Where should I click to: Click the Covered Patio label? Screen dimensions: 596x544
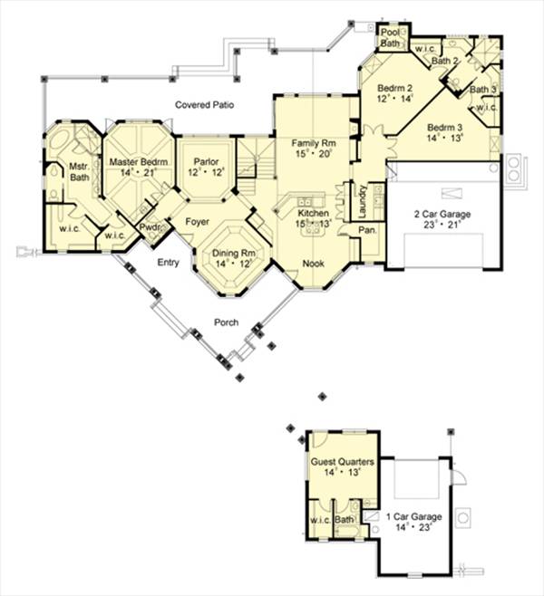point(206,106)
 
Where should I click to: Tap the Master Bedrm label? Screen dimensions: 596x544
point(134,161)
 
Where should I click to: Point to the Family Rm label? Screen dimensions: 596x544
point(314,143)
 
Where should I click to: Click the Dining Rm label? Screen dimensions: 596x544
point(231,254)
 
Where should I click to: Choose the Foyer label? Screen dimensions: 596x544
point(199,221)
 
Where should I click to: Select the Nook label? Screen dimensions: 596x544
point(314,264)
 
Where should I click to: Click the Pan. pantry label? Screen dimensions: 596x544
point(368,231)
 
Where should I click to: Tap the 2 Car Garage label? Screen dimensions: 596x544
point(443,215)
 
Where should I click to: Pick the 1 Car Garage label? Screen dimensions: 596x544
point(413,516)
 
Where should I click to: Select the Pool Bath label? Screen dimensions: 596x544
point(391,37)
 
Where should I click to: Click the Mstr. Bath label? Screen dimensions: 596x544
point(64,172)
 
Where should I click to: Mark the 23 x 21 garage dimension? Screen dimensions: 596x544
point(443,227)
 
